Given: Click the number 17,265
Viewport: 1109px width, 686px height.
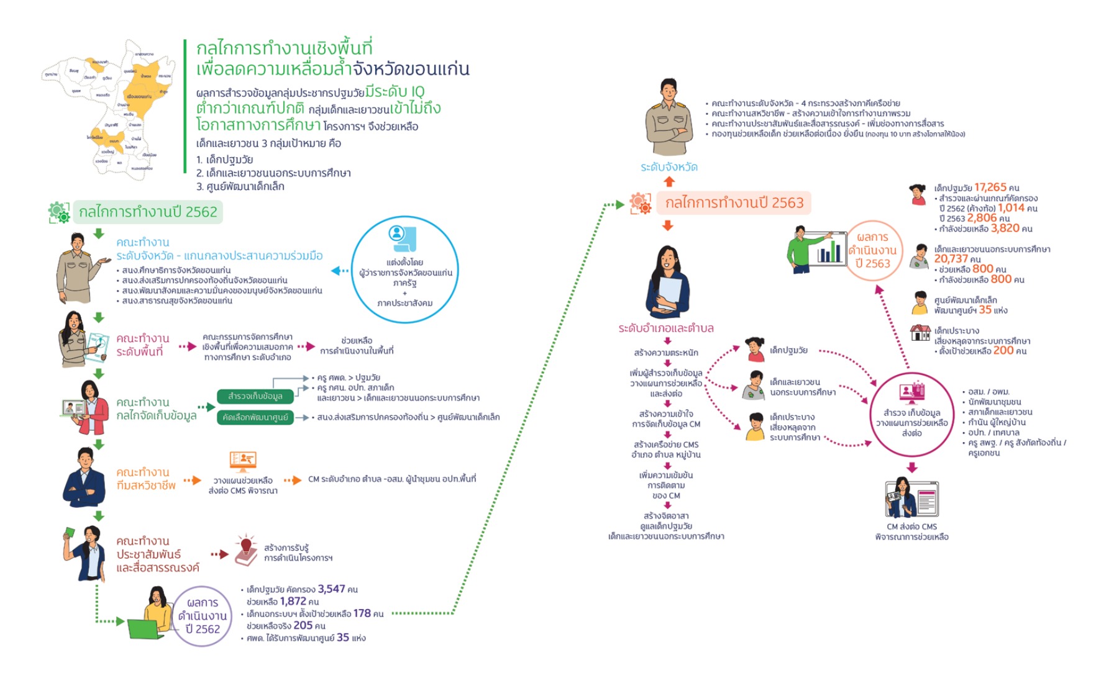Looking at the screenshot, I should click(990, 187).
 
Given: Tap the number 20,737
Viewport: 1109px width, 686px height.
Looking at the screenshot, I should click(951, 259).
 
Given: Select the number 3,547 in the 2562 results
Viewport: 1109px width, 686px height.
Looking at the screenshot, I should click(331, 589).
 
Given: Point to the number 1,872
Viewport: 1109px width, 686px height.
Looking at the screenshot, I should click(293, 601).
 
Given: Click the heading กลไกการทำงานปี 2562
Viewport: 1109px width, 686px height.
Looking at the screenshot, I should click(148, 212).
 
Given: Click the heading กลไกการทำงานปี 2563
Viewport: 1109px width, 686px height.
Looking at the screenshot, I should click(734, 202).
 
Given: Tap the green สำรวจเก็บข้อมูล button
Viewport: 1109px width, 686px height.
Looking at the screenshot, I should click(255, 396).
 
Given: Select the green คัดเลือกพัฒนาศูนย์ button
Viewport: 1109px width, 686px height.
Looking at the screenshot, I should click(255, 417).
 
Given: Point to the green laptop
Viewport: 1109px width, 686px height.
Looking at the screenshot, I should click(145, 628).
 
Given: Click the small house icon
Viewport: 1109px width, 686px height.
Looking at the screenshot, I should click(920, 333).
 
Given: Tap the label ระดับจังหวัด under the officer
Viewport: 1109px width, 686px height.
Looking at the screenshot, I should click(669, 167).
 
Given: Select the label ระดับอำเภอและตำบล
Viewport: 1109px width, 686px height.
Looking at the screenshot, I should click(665, 328).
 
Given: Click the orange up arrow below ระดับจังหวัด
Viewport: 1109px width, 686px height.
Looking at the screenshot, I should click(669, 182).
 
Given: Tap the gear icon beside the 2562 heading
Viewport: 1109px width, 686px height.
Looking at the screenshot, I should click(59, 212).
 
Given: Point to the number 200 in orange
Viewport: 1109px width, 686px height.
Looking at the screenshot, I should click(1003, 350).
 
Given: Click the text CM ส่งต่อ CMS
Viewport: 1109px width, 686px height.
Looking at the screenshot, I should click(911, 526).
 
